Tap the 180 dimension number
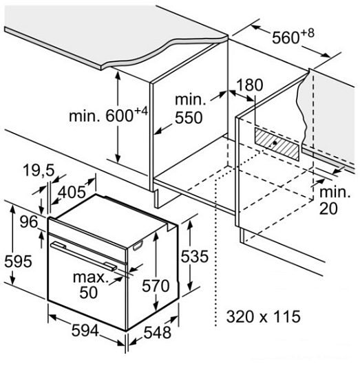[x=250, y=85]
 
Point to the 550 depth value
[x=189, y=118]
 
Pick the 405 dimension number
[x=72, y=193]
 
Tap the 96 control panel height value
[x=28, y=222]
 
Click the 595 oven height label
[x=18, y=261]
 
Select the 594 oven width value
[x=85, y=330]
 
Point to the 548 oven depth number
[x=157, y=332]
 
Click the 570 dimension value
[x=156, y=286]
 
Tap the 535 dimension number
[x=194, y=257]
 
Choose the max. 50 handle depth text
[x=91, y=285]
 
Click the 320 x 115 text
[x=263, y=316]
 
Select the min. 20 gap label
[x=335, y=200]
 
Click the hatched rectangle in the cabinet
[x=277, y=144]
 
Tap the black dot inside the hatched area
[x=275, y=142]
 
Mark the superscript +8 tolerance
[x=308, y=33]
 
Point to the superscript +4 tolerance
[x=141, y=111]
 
